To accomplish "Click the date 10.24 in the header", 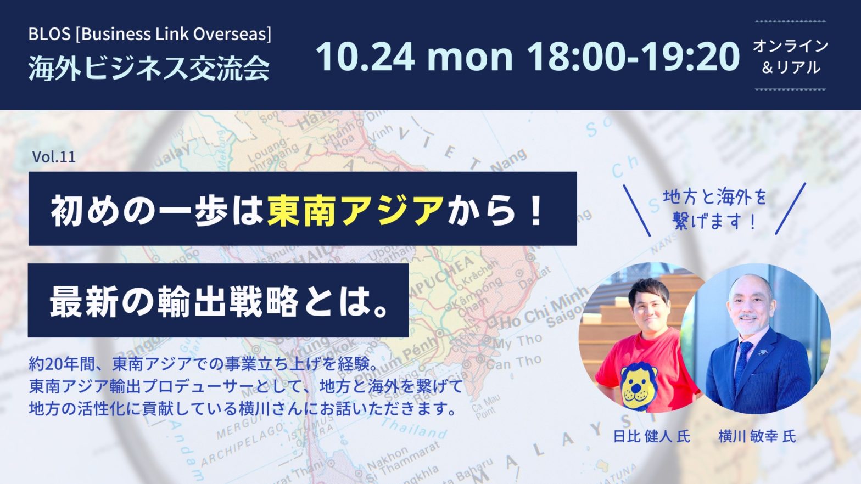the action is click(x=365, y=57).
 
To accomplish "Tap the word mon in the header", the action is click(x=470, y=59).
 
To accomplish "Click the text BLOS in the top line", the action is click(x=49, y=34).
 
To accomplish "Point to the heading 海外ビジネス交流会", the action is click(x=149, y=68).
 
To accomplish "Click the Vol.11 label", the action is click(x=54, y=157).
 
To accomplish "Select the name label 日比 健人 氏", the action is click(x=651, y=437).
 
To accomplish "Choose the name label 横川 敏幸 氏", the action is click(x=757, y=437).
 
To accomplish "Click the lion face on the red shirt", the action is click(x=639, y=384).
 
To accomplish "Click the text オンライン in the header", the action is click(x=790, y=46).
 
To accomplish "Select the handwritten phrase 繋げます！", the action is click(x=714, y=222).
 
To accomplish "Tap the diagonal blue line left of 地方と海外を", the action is click(x=636, y=211).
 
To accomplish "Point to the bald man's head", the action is click(x=750, y=303).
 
